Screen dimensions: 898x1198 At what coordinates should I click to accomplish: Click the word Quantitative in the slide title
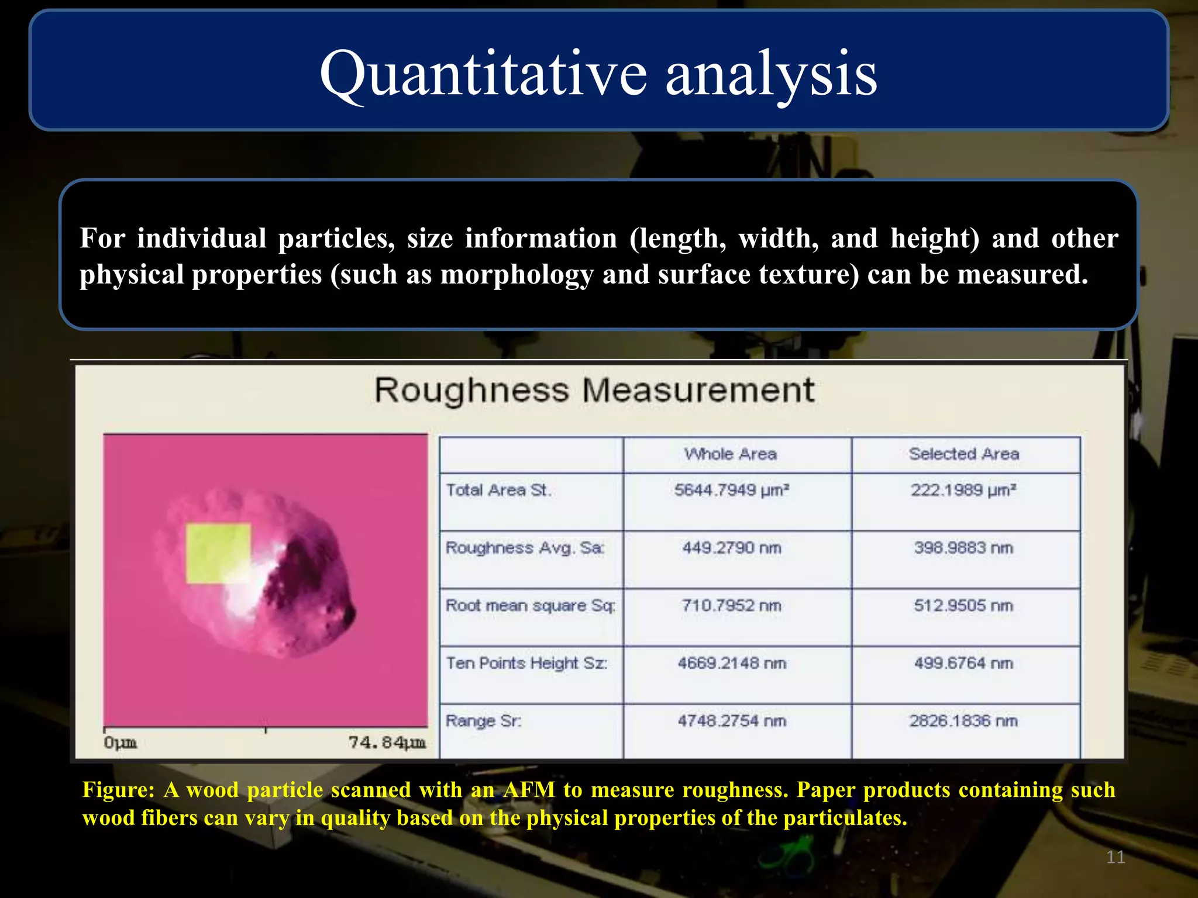point(483,74)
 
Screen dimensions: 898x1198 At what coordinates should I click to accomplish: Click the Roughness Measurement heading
point(594,390)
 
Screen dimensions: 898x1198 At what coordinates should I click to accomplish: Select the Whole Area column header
point(731,454)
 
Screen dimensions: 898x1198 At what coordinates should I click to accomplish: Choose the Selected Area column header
point(964,454)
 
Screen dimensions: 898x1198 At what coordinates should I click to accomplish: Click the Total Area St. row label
point(498,490)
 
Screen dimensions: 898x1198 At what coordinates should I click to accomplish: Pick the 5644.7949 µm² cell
point(731,490)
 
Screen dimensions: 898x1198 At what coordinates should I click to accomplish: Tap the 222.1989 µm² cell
point(963,490)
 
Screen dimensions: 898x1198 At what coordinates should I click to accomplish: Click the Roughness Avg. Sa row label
point(525,548)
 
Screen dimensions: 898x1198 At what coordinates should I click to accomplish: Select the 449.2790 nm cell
point(731,548)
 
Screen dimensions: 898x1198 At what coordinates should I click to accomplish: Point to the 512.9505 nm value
point(963,606)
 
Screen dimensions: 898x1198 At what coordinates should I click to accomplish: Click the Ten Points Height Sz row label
point(526,663)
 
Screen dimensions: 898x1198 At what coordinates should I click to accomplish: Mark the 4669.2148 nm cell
point(732,663)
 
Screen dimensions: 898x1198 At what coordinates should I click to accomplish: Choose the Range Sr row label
point(483,721)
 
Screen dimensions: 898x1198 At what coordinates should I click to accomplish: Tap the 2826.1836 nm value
point(963,721)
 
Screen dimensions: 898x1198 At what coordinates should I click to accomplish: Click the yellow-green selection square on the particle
point(218,552)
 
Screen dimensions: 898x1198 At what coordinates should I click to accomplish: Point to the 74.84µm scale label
point(387,742)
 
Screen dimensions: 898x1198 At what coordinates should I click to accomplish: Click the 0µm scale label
point(120,742)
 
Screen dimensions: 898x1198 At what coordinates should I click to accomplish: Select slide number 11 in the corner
point(1116,857)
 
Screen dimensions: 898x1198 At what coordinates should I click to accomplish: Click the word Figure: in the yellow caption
point(118,790)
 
